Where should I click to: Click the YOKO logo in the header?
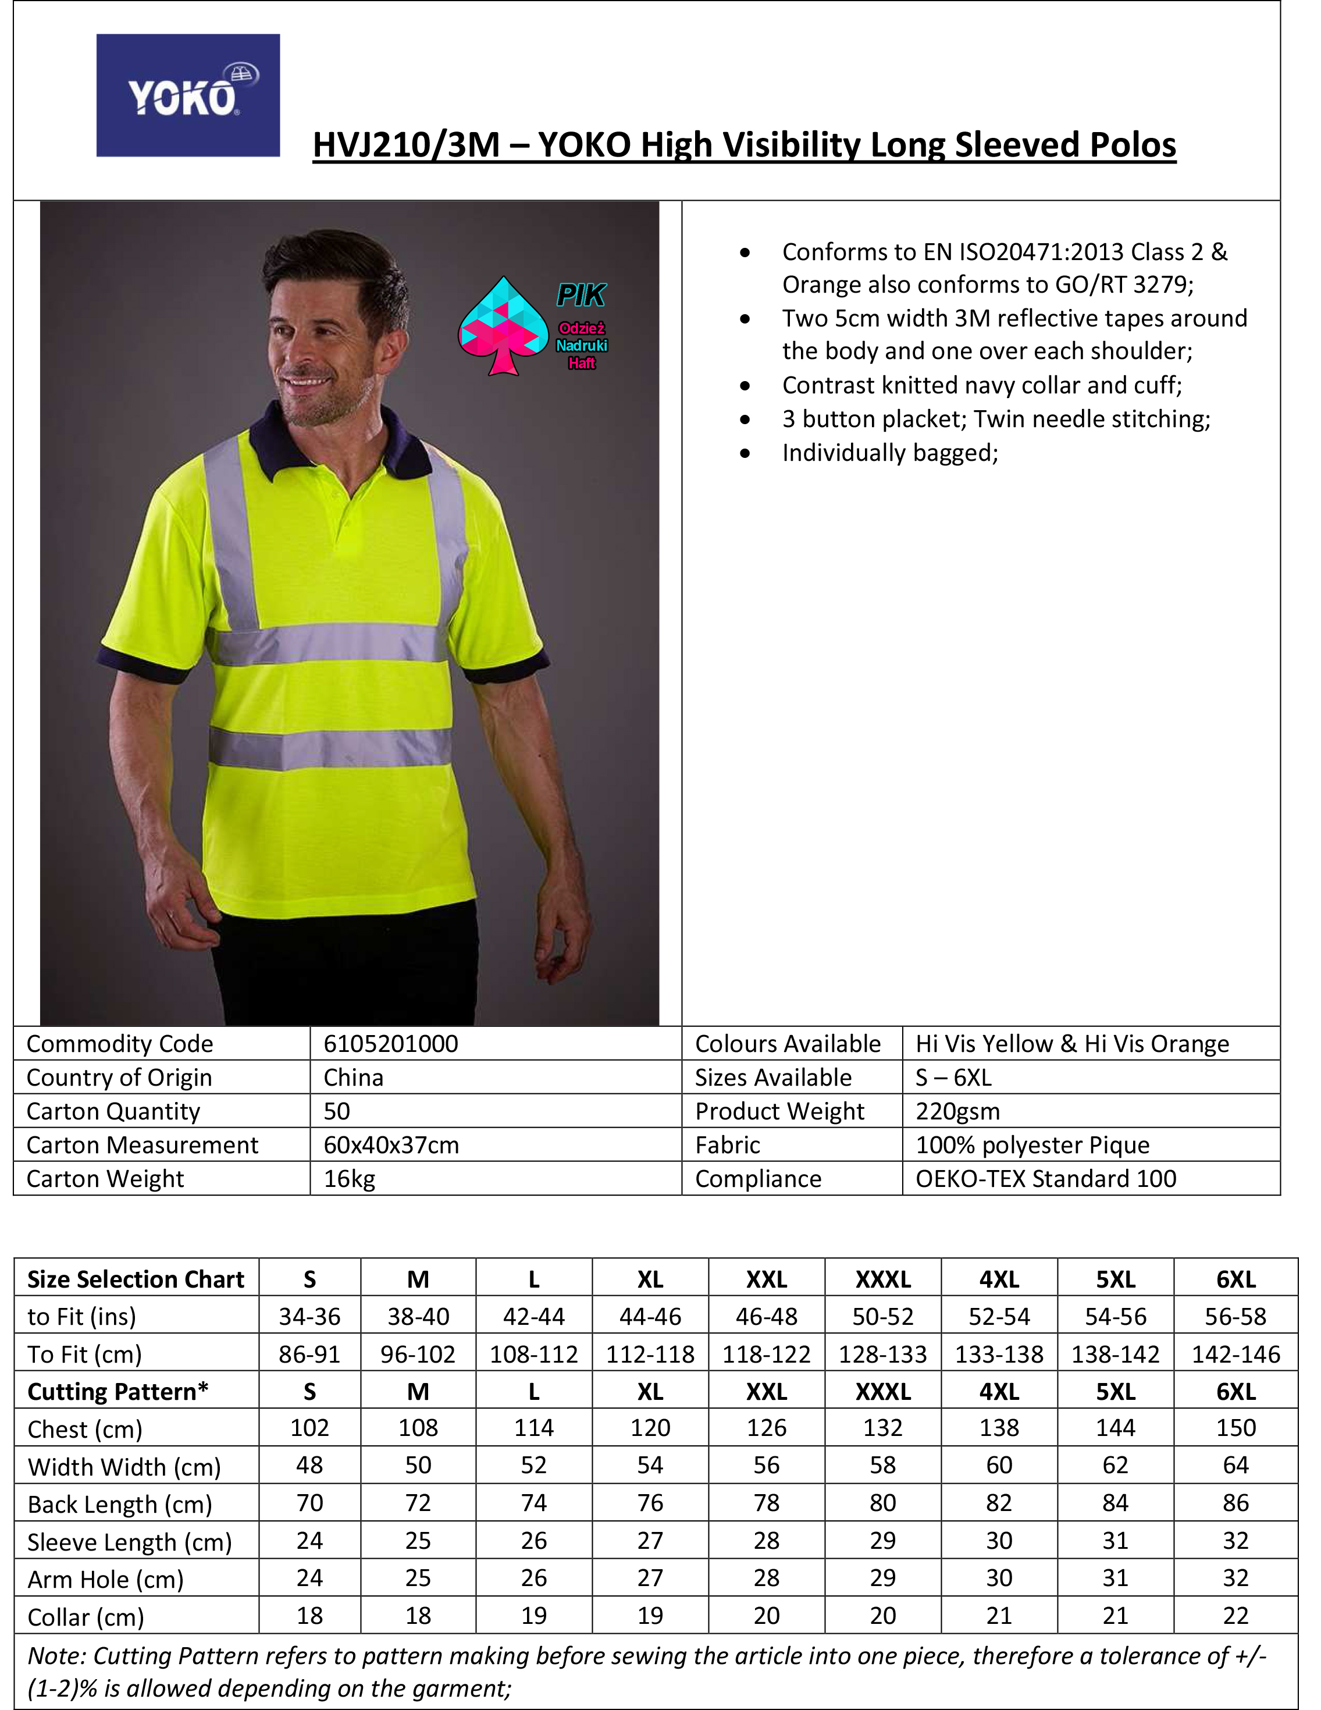click(188, 95)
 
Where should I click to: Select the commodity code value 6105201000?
click(390, 1044)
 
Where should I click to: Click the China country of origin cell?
click(354, 1078)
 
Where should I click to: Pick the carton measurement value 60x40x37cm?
click(391, 1144)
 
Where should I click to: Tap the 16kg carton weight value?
click(350, 1178)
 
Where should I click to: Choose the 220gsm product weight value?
click(958, 1111)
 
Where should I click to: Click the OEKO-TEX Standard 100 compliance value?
click(1045, 1178)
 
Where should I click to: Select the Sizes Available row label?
click(773, 1078)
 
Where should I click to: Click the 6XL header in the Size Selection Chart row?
click(1235, 1279)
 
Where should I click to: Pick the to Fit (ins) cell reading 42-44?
click(534, 1317)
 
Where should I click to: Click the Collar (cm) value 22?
click(1235, 1615)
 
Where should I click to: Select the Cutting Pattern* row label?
click(118, 1391)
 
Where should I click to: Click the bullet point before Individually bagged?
click(745, 453)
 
